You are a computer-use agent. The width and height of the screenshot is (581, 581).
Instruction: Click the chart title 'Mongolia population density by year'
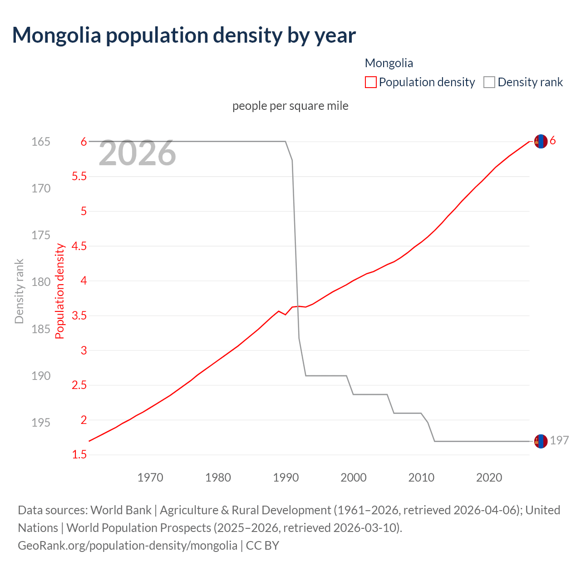[x=184, y=35]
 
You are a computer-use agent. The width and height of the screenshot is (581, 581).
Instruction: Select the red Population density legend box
[x=370, y=82]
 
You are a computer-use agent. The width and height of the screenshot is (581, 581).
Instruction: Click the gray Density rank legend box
[x=489, y=82]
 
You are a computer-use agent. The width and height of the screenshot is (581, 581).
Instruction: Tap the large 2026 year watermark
[x=137, y=153]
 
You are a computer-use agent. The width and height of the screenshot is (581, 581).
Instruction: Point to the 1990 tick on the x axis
[x=286, y=478]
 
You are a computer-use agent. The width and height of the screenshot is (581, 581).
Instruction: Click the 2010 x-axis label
[x=421, y=478]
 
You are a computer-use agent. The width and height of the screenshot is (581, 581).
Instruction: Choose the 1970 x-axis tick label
[x=150, y=478]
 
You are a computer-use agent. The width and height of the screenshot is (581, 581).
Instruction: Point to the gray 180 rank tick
[x=41, y=282]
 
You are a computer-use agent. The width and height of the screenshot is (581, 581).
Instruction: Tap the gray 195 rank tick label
[x=41, y=423]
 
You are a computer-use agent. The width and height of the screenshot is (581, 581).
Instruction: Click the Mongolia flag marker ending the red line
[x=541, y=142]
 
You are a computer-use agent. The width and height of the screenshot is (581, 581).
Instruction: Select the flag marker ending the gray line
[x=541, y=441]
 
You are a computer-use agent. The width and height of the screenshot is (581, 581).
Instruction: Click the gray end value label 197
[x=559, y=441]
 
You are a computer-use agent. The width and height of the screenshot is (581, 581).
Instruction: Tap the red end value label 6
[x=552, y=141]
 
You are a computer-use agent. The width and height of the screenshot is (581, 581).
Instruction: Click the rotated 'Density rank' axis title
[x=19, y=291]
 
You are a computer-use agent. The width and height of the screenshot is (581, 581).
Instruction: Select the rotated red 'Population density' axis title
[x=60, y=291]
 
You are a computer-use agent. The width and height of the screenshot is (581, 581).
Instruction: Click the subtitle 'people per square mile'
[x=290, y=106]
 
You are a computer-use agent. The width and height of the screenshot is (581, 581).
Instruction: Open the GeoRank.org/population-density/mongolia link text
[x=128, y=545]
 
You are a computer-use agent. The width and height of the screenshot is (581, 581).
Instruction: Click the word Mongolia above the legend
[x=389, y=63]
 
